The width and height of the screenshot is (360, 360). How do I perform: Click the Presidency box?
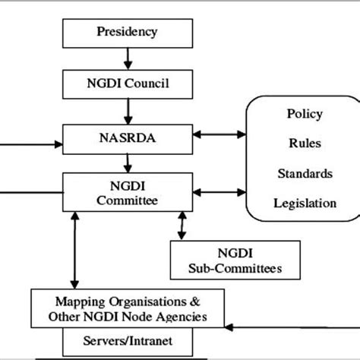tap(127, 32)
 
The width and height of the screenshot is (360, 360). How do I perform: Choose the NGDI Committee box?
tap(126, 191)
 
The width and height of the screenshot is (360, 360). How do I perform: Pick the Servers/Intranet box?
tap(126, 341)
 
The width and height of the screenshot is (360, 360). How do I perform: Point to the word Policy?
tap(304, 114)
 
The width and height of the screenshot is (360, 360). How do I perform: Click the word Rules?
tap(304, 144)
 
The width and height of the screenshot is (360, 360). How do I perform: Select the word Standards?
tap(304, 173)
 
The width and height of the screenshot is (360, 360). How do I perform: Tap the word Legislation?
tap(304, 203)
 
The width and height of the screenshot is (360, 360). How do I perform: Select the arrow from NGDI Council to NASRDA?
tap(128, 111)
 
